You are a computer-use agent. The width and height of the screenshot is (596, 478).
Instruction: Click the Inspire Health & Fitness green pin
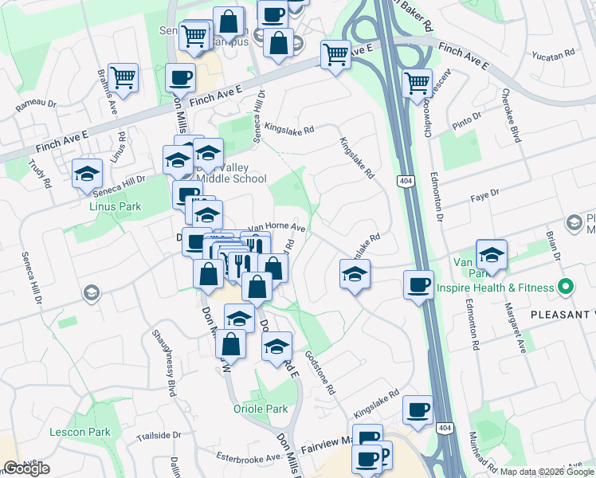pos(566,286)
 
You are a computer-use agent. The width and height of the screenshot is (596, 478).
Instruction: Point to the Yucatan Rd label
pos(558,55)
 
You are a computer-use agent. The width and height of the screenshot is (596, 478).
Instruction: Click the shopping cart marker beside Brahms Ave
pos(123,78)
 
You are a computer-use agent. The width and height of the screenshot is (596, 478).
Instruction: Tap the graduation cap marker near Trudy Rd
pos(87,174)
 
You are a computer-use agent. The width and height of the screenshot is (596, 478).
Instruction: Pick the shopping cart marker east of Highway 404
pos(418,83)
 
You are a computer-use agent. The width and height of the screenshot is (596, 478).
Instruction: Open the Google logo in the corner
pos(26,468)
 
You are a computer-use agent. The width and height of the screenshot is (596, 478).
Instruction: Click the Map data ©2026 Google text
pos(545,472)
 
